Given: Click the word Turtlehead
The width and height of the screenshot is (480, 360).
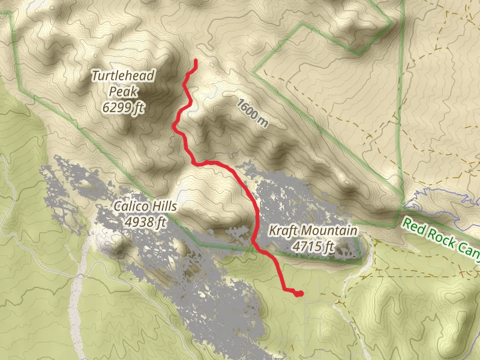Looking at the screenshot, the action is click(123, 76).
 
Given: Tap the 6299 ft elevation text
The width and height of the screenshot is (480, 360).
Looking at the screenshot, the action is click(124, 108).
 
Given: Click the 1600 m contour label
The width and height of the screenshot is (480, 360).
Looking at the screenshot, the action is click(252, 113).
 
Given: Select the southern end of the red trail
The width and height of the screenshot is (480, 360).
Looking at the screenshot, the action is click(298, 293).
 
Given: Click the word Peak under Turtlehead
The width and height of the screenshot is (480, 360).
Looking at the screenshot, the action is click(124, 92).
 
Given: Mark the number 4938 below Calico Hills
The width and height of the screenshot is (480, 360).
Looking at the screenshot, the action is click(137, 223).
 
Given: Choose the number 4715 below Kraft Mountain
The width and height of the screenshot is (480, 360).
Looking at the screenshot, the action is click(305, 246).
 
